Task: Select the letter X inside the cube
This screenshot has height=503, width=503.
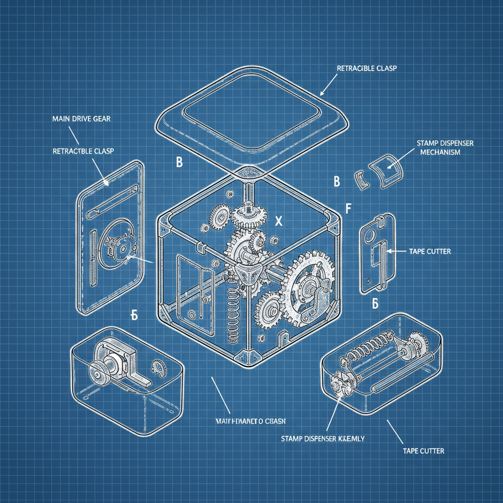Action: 279,222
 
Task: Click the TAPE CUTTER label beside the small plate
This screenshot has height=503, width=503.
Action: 429,251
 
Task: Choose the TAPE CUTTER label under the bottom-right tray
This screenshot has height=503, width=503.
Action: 423,450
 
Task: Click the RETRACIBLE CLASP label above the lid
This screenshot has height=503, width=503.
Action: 367,68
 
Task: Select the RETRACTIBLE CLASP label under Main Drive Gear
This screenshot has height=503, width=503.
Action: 83,151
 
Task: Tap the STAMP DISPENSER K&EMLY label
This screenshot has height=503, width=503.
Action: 322,439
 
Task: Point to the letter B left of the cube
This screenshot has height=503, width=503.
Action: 179,163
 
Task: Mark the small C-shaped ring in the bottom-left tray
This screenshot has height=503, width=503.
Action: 158,366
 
